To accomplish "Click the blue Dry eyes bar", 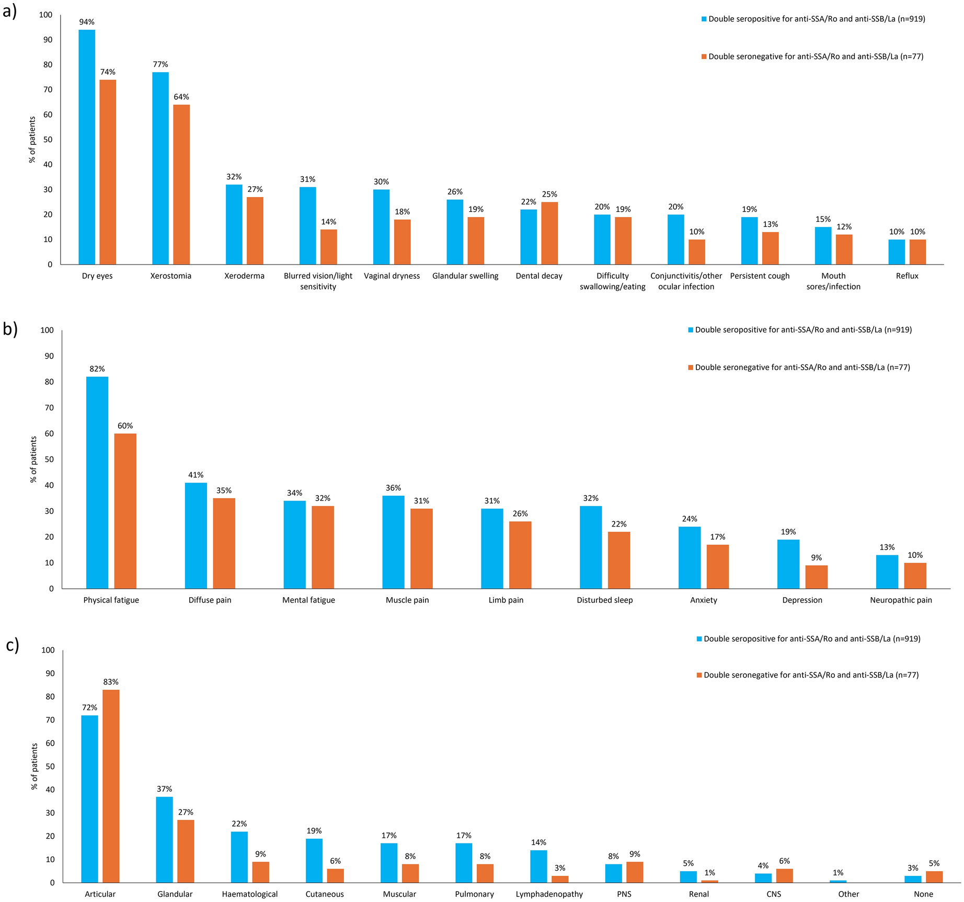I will (x=87, y=147).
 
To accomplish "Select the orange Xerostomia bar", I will (x=181, y=185).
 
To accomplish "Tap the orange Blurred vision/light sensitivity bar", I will (x=328, y=247).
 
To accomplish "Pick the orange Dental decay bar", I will (x=549, y=233).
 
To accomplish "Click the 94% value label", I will (x=87, y=22).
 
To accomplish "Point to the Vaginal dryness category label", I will (x=392, y=276).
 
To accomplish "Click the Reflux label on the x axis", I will (x=907, y=276).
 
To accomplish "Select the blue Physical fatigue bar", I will (x=97, y=483).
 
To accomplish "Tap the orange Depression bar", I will (x=816, y=577).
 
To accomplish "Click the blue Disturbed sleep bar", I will (x=591, y=547).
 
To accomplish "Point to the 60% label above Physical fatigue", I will (x=125, y=426).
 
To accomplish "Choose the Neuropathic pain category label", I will (x=901, y=600).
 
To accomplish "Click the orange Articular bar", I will (x=111, y=786).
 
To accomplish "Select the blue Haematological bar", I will (x=239, y=857).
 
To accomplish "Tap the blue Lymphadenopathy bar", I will (x=538, y=866).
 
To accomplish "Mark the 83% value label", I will (x=111, y=682).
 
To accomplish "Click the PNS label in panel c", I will (x=624, y=894).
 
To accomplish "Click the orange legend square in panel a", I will (x=704, y=56).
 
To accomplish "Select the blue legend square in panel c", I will (x=699, y=638).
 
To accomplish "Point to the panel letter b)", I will (x=10, y=329).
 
